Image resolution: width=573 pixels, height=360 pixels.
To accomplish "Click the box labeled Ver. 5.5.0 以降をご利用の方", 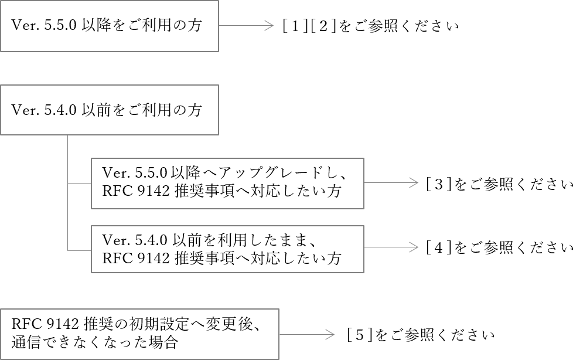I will (109, 26).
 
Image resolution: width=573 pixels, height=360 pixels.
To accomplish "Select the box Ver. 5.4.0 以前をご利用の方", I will (109, 110).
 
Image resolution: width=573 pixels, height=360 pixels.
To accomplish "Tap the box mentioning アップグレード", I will (227, 183).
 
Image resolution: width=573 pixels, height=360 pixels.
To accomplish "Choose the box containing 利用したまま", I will (227, 249).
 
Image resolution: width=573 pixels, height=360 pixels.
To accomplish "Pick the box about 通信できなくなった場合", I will (139, 334).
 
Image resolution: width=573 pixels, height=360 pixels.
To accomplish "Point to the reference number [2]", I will (324, 26).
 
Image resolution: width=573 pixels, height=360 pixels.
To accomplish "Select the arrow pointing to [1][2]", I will (246, 26).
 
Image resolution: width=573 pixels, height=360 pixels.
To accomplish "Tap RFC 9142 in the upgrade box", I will (136, 192).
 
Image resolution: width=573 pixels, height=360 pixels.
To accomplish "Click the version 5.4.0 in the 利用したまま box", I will (151, 239).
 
